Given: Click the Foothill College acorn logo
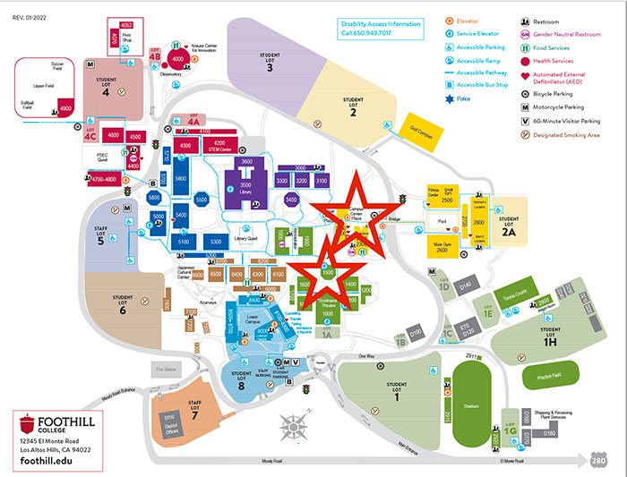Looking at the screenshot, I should tap(28, 423).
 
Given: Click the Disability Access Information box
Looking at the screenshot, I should tap(379, 29).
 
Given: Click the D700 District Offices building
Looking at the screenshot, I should tap(170, 420).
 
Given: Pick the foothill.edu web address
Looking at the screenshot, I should tap(45, 459).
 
